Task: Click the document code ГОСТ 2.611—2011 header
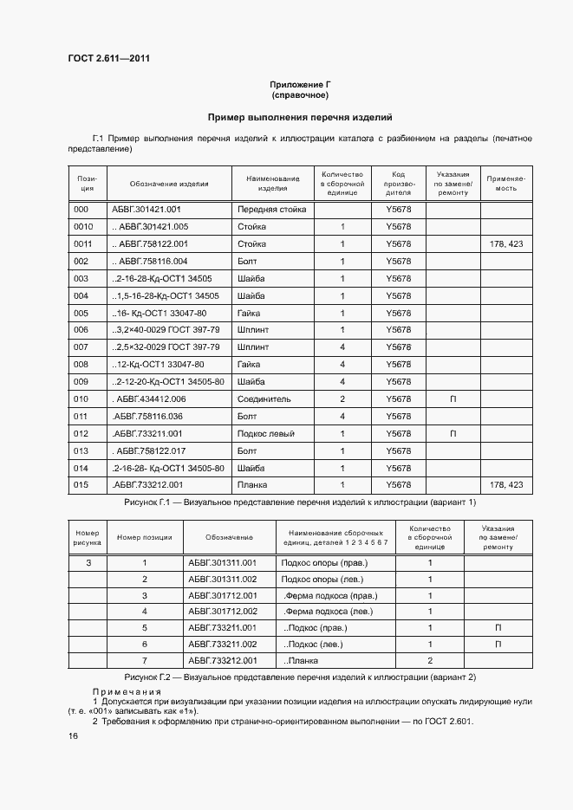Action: click(108, 59)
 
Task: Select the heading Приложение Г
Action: click(300, 84)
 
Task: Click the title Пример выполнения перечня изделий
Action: click(300, 115)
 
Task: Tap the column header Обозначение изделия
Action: click(169, 184)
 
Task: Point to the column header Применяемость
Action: click(506, 183)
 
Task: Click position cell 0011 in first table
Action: click(84, 244)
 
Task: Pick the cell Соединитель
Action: click(264, 399)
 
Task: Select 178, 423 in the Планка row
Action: click(506, 485)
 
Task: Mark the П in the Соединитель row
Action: click(453, 399)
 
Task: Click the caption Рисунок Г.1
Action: click(300, 502)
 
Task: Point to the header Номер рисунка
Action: click(88, 536)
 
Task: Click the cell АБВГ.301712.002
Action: click(222, 612)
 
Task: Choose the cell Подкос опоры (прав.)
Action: click(324, 562)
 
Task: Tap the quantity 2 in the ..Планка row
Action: click(430, 661)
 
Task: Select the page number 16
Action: click(73, 735)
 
